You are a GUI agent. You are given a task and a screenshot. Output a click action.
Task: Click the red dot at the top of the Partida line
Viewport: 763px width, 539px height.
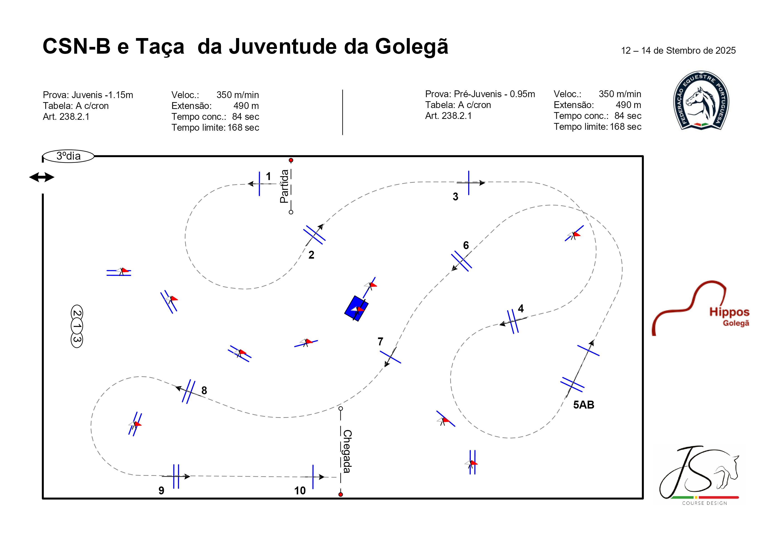(x=291, y=160)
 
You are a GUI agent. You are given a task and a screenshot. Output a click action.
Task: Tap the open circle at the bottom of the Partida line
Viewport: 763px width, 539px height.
(x=291, y=212)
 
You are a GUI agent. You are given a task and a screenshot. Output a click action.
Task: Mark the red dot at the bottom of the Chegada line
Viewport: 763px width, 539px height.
(x=341, y=494)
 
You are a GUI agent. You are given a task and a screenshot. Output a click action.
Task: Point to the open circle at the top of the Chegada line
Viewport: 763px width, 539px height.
(x=341, y=409)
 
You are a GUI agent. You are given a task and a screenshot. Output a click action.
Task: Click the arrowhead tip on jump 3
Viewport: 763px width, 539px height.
(x=485, y=183)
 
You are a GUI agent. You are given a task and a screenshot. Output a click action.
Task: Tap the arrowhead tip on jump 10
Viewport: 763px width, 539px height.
(x=324, y=477)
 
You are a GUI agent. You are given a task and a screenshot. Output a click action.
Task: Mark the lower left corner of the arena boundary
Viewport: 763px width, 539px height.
(x=43, y=498)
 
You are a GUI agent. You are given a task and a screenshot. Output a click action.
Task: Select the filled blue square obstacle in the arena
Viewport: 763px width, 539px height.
(x=356, y=308)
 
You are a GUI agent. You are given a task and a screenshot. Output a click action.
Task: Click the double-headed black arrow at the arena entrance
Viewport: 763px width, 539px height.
(x=42, y=177)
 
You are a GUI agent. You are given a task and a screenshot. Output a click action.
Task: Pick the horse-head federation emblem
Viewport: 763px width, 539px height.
(x=701, y=100)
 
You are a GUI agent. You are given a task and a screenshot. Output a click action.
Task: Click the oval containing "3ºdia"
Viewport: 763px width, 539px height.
(x=68, y=156)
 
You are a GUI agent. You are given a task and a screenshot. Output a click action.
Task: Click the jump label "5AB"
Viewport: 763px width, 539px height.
(x=584, y=405)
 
